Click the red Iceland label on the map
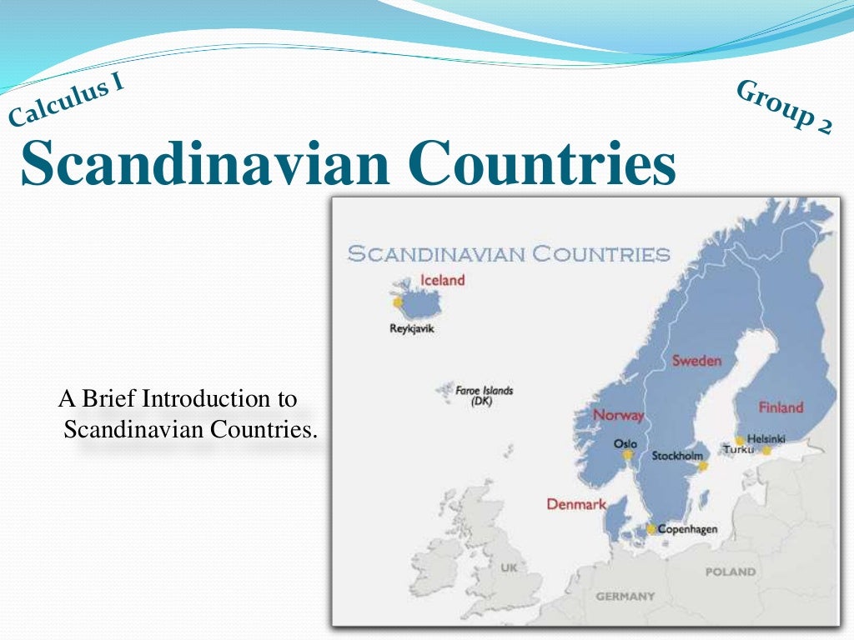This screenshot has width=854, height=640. pos(442,281)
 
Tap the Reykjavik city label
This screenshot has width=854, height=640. pos(412,328)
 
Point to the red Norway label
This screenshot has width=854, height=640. pos(618,415)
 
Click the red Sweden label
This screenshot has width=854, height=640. pos(696,361)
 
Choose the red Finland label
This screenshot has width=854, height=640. pos(781,407)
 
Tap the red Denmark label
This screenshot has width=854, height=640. pos(576,504)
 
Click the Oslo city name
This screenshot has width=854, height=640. pos(625,444)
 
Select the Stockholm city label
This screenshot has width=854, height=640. pos(676,456)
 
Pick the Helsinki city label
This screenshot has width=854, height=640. pos(766,438)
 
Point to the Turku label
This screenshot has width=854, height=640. pos(737,450)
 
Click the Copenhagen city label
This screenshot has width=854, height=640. pos(687,529)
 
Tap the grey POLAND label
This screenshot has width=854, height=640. pos(731,572)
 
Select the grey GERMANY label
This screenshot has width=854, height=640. pos(625,597)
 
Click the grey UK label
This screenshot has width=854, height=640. pos(509,567)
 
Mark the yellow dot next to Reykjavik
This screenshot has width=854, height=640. pos(399,302)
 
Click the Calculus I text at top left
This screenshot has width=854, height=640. pos(67,102)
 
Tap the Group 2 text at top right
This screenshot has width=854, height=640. pos(784,107)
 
